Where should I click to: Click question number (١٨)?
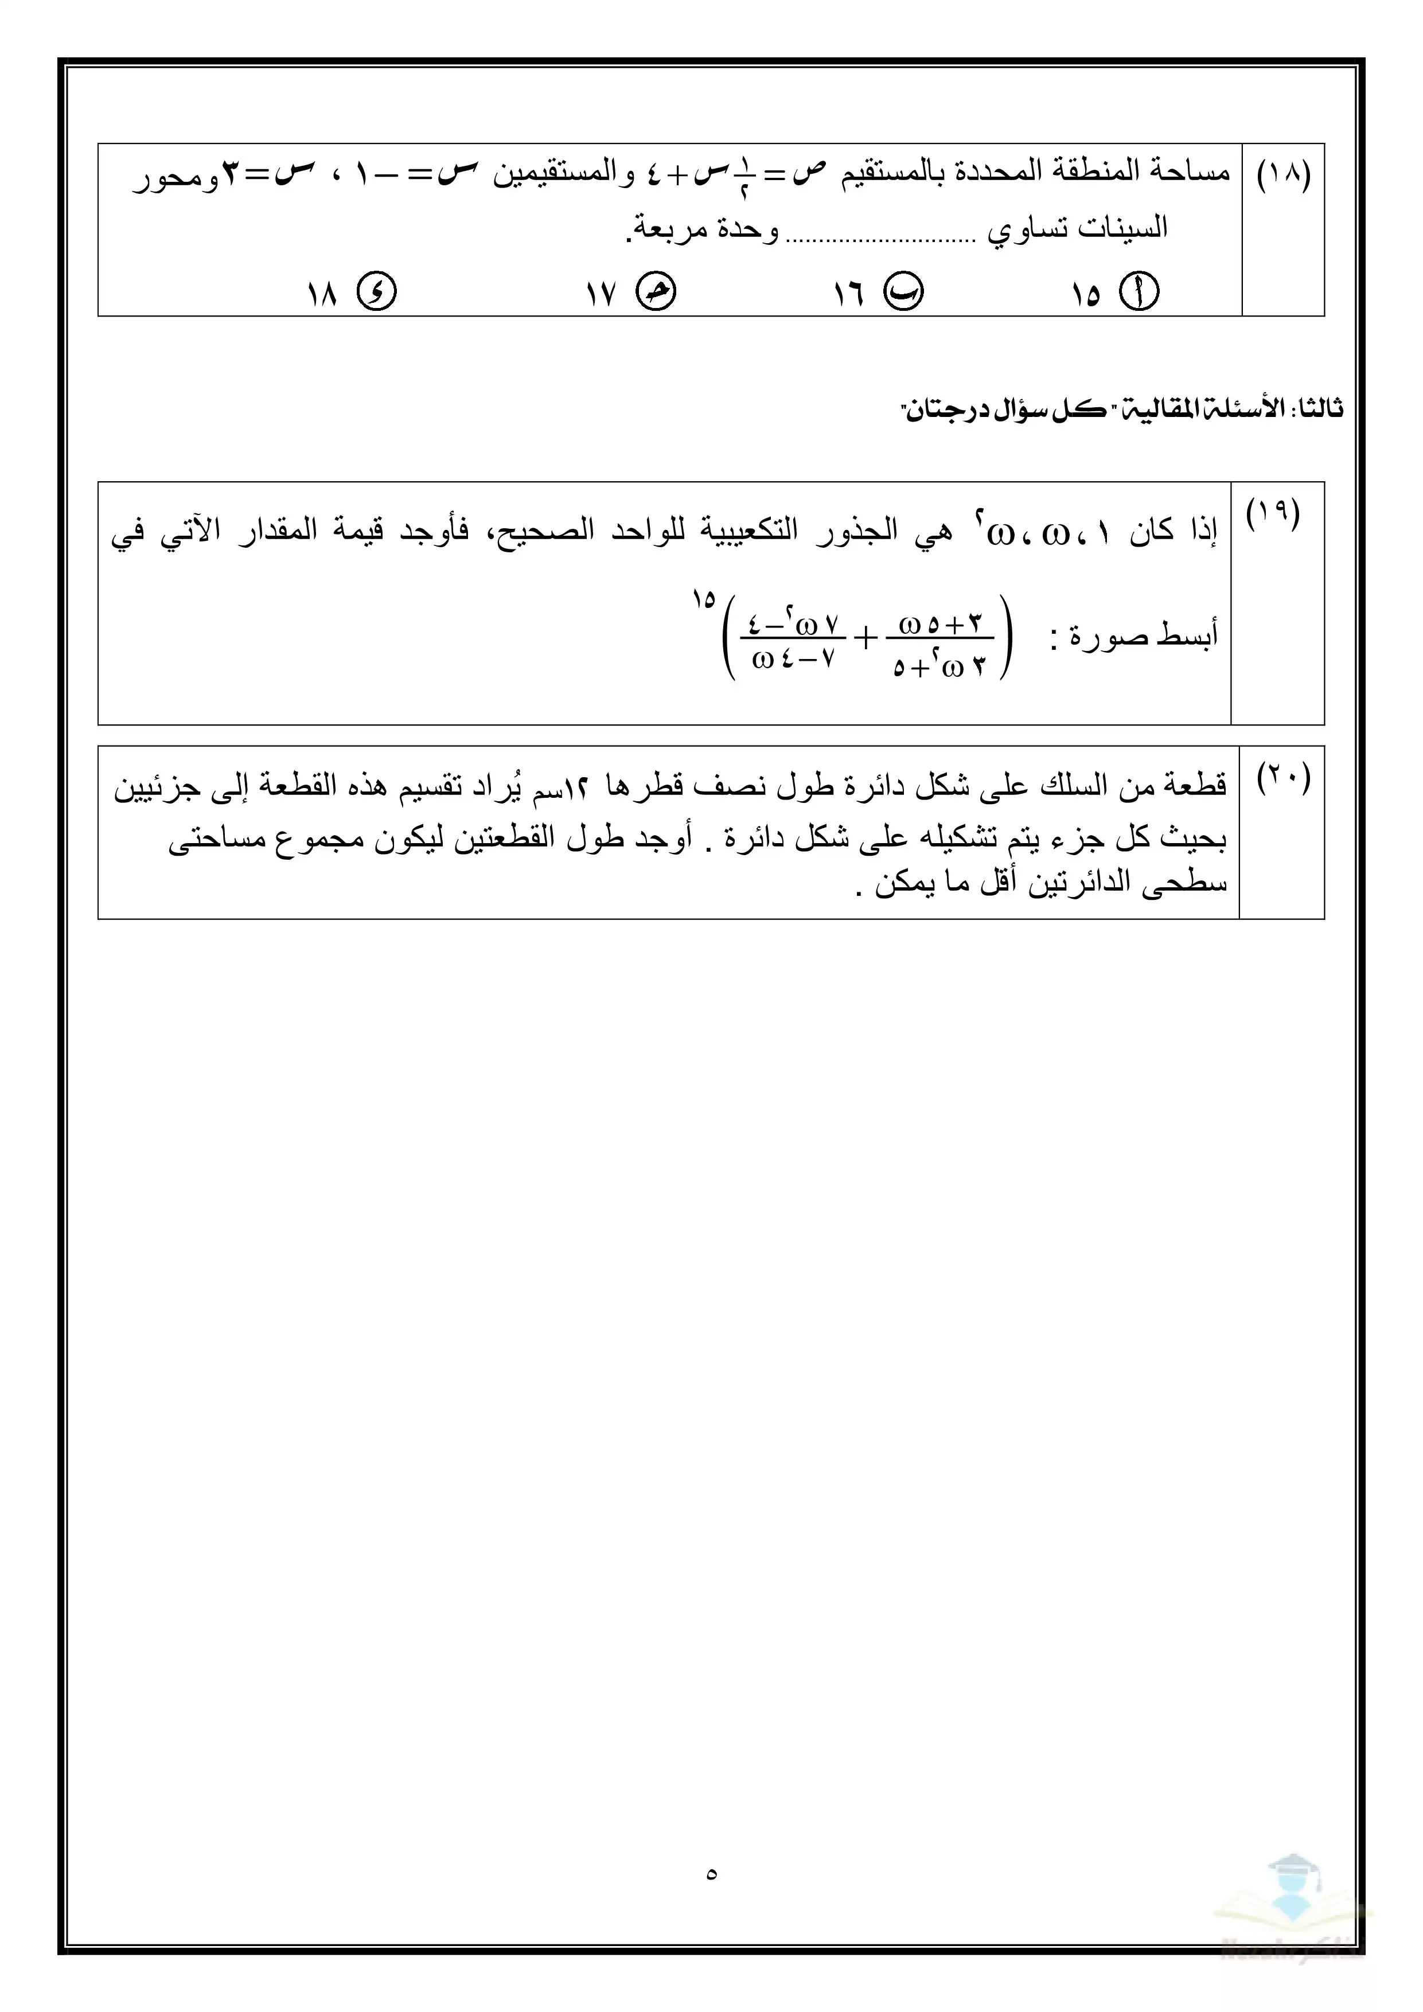click(x=1284, y=176)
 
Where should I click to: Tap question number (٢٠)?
click(x=1284, y=777)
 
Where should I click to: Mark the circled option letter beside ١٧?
click(x=656, y=293)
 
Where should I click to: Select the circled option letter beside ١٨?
click(x=377, y=293)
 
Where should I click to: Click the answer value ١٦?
click(x=849, y=294)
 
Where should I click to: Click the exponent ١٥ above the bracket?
click(x=703, y=601)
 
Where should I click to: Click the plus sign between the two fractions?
click(x=865, y=639)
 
